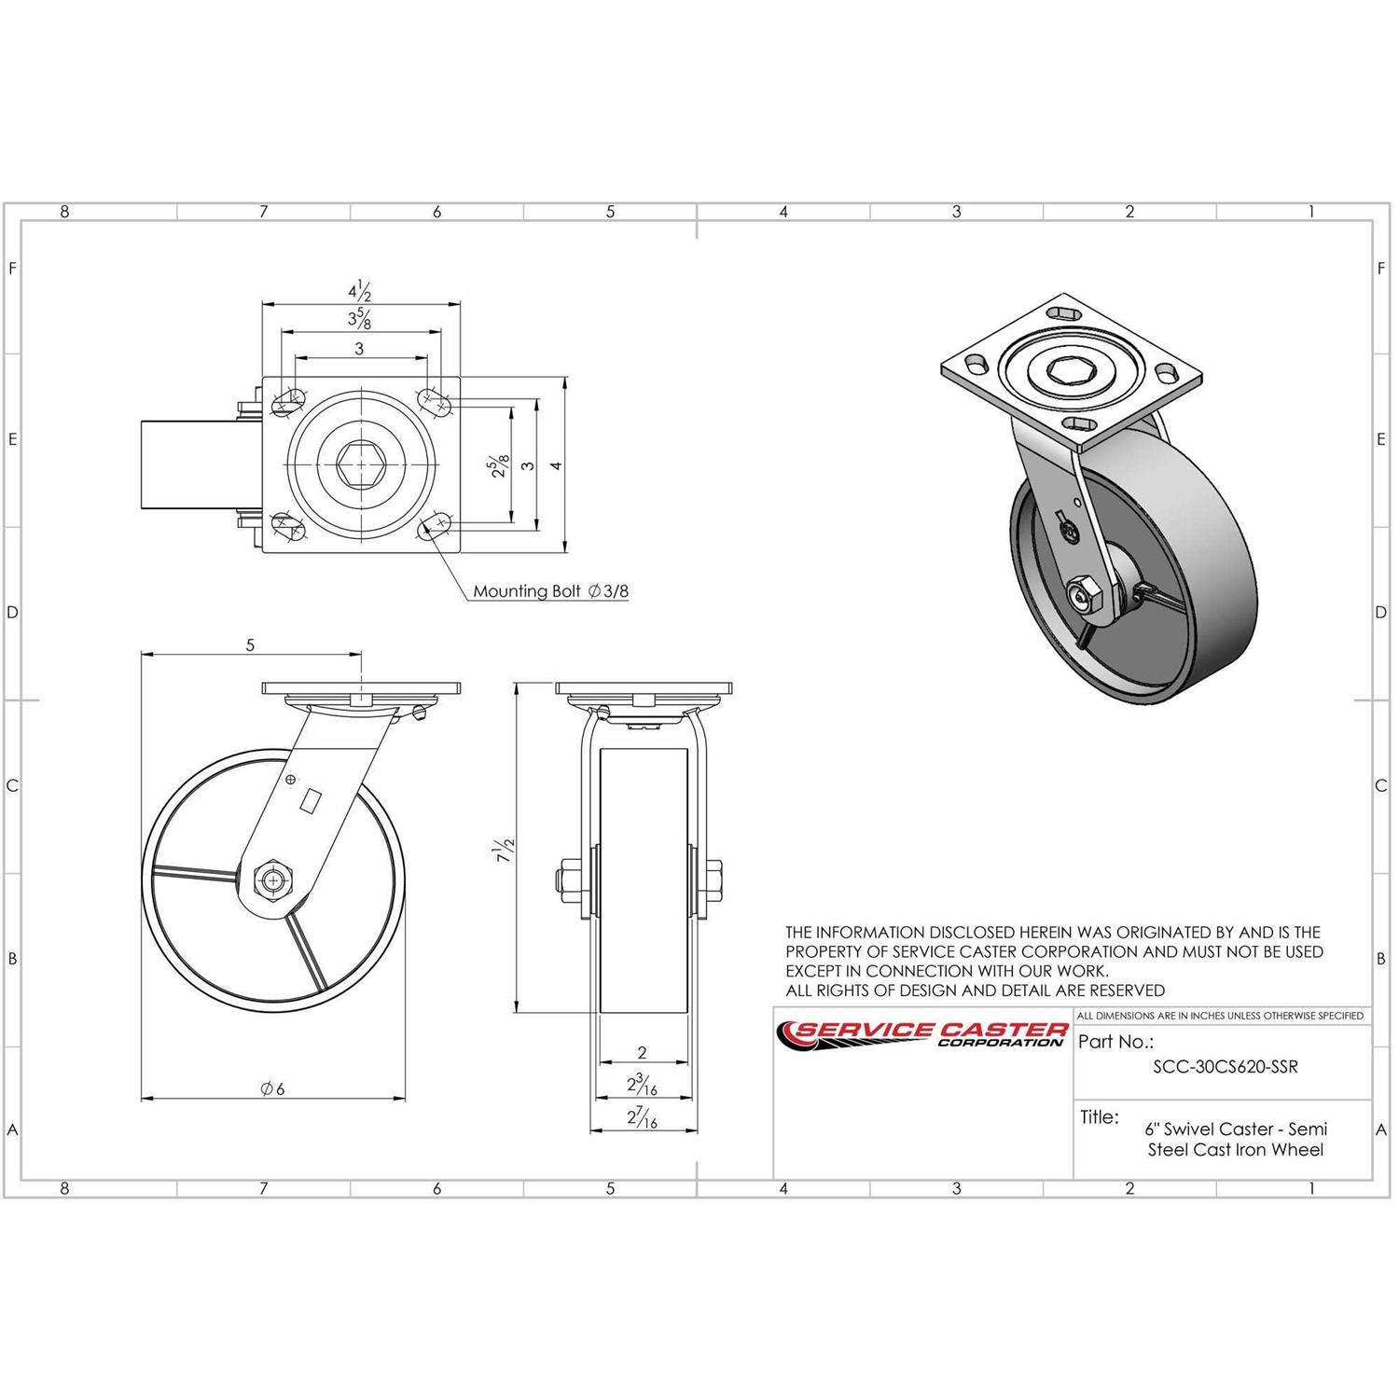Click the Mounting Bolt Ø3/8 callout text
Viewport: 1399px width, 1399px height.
[550, 590]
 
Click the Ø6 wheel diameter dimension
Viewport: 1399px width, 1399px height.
[272, 1087]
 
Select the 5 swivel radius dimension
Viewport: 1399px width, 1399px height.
[250, 644]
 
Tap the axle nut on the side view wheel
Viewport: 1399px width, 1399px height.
[272, 880]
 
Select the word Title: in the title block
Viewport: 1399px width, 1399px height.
[1100, 1116]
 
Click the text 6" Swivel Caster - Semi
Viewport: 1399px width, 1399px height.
[1236, 1129]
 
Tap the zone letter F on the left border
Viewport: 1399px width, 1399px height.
[12, 269]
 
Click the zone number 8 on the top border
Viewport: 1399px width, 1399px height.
[64, 212]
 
